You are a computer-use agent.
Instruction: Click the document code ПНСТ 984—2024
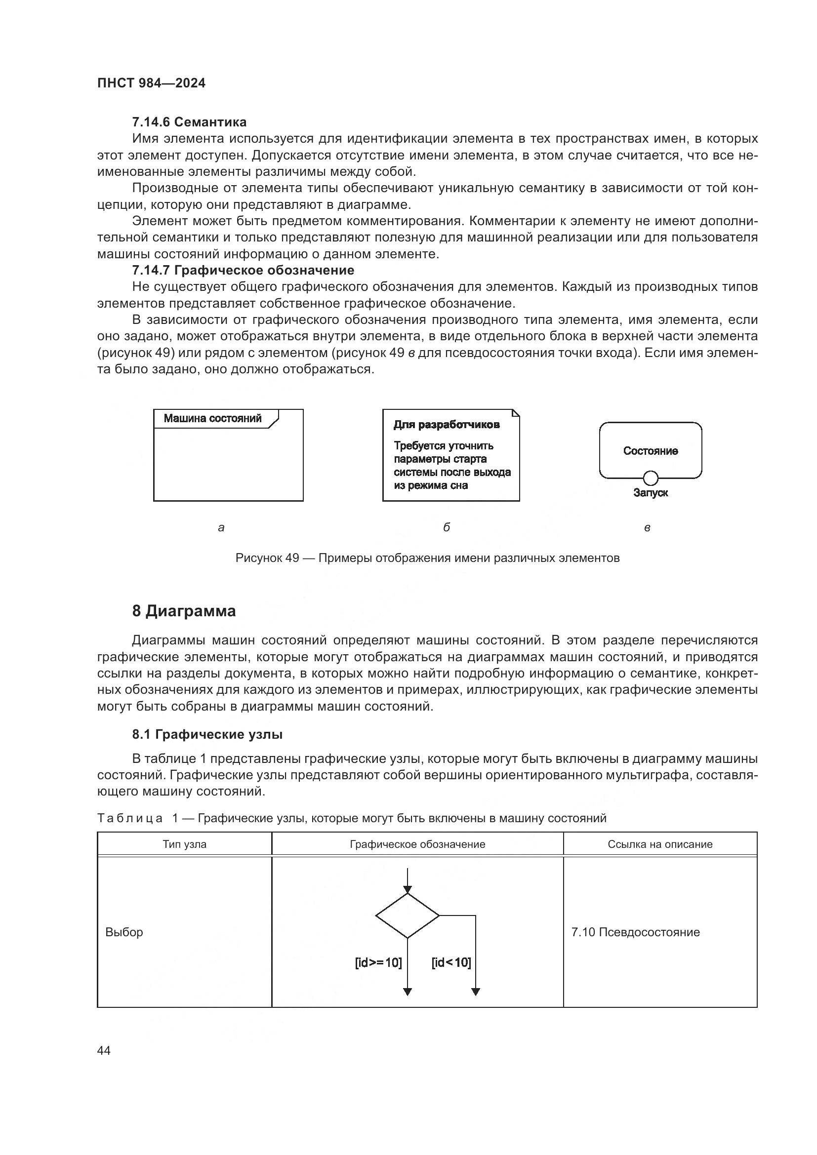pos(151,83)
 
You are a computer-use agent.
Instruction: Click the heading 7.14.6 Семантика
pos(189,122)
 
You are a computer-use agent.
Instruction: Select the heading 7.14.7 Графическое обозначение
pos(243,270)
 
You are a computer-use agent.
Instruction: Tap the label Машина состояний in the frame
pos(212,418)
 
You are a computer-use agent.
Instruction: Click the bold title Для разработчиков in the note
pos(446,425)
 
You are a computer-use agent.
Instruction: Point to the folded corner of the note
pos(516,413)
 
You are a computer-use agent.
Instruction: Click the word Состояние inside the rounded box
pos(650,451)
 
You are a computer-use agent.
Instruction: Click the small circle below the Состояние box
pos(651,478)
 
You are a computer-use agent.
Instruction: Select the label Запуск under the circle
pos(651,493)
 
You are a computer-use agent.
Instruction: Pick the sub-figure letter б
pos(446,527)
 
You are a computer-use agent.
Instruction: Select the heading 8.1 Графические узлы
pos(207,734)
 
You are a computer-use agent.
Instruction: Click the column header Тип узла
pos(184,844)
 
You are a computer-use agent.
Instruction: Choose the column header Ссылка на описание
pos(659,844)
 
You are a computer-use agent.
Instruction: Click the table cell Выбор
pos(124,932)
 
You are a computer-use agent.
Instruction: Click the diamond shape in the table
pos(407,916)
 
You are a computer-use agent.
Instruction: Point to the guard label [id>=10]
pos(378,962)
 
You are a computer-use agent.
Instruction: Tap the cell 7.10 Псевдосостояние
pos(635,932)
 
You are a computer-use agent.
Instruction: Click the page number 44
pos(104,1050)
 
